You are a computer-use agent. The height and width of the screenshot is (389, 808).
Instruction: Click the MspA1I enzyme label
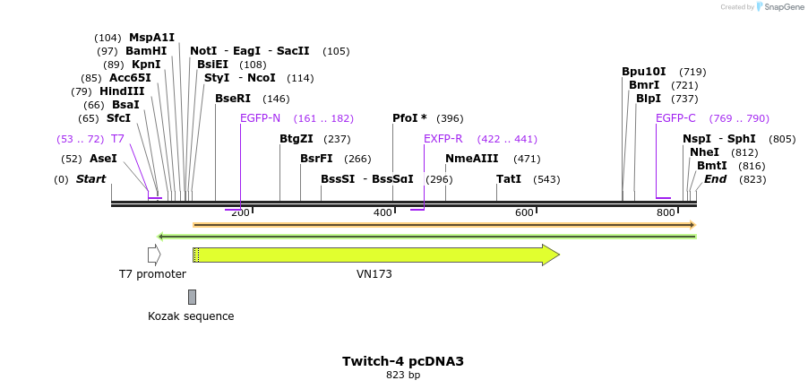[151, 38]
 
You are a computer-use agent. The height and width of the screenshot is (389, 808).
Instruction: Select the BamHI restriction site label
[146, 51]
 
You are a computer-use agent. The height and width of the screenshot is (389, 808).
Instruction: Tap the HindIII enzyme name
[121, 91]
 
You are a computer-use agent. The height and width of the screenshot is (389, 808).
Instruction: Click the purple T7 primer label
[117, 139]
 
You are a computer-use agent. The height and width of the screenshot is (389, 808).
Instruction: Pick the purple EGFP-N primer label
[260, 118]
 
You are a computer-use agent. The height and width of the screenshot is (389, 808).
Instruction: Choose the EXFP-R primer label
[443, 139]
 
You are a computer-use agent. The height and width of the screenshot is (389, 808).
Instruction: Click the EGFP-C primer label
[675, 118]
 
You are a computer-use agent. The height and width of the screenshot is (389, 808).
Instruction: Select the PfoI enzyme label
[409, 118]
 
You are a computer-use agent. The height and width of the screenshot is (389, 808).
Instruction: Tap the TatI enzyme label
[509, 179]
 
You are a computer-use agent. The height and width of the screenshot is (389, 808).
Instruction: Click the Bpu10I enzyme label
[644, 72]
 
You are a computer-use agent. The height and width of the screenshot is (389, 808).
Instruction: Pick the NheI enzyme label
[704, 152]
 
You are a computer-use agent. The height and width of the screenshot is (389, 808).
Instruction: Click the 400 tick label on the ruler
[383, 212]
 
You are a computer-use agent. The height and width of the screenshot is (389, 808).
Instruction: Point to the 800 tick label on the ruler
[666, 212]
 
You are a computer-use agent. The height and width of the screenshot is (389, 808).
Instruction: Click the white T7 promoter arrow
[154, 255]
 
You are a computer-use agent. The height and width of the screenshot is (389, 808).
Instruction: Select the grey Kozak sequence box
[192, 297]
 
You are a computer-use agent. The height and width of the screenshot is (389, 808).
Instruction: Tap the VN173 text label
[374, 274]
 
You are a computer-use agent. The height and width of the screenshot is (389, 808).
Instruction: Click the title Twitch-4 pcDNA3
[403, 361]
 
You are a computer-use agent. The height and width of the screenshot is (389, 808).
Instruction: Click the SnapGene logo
[778, 7]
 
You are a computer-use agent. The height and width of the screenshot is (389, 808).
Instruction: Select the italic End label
[715, 179]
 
